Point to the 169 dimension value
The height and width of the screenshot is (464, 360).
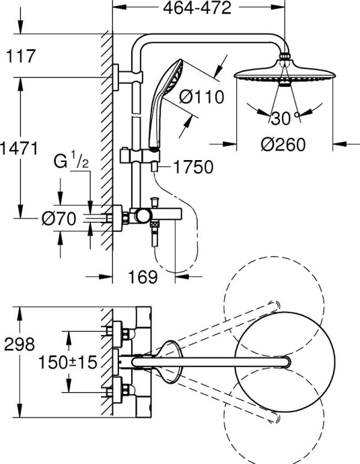point(141,276)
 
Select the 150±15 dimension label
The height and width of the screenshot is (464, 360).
point(65,362)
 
